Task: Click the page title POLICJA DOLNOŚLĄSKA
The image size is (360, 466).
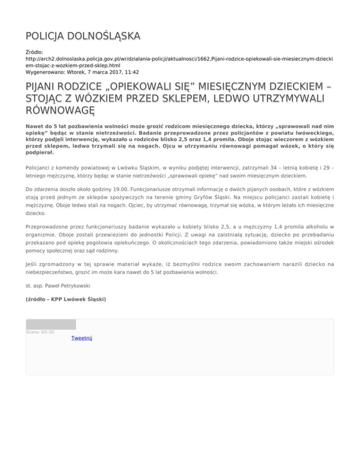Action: click(x=82, y=36)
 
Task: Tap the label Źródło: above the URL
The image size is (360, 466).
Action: click(x=36, y=53)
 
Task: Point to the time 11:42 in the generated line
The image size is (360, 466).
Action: click(x=131, y=72)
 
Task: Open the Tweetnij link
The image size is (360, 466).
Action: click(x=82, y=338)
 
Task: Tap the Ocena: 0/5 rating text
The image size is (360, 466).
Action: click(x=40, y=332)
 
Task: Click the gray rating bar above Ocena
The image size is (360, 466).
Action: click(x=51, y=324)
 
